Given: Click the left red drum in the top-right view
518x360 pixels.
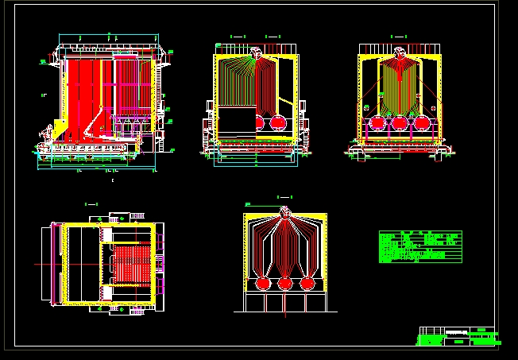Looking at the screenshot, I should (377, 123).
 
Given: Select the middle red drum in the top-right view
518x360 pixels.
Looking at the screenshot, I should (400, 123).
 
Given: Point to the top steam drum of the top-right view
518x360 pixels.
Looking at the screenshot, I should (400, 53).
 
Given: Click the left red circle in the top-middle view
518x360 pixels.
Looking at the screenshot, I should (257, 121).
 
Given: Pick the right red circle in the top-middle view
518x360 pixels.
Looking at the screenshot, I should (279, 121).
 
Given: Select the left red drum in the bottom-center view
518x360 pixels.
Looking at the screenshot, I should (261, 283).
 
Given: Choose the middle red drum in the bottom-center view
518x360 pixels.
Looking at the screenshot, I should (284, 283).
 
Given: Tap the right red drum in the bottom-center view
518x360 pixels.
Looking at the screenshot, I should (307, 283).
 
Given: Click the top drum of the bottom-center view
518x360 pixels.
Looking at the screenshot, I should (284, 213).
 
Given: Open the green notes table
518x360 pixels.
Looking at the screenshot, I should (419, 246).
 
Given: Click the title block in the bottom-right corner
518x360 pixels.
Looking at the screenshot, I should (458, 336).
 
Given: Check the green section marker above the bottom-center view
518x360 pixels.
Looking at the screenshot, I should (284, 195).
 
